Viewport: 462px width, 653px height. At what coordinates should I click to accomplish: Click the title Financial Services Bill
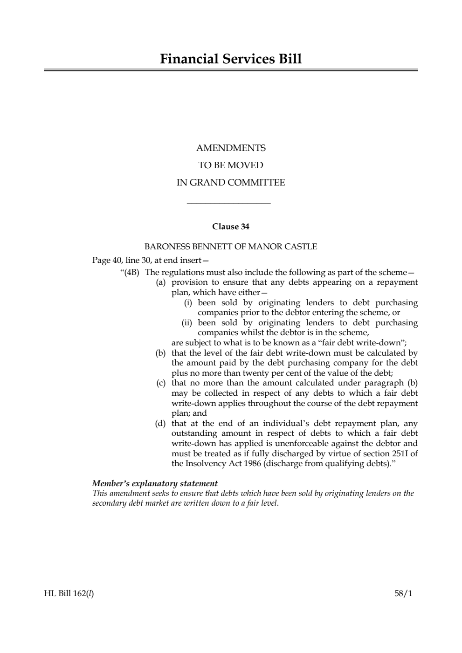pyautogui.click(x=231, y=59)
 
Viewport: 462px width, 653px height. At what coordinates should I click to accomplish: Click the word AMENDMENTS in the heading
pyautogui.click(x=231, y=148)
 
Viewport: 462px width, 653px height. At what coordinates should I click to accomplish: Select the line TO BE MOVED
pyautogui.click(x=231, y=165)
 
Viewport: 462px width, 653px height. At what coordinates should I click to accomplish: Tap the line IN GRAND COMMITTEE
pyautogui.click(x=231, y=183)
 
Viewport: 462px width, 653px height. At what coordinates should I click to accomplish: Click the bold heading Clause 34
pyautogui.click(x=231, y=227)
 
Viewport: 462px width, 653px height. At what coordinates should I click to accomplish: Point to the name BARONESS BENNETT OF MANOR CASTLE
pyautogui.click(x=231, y=247)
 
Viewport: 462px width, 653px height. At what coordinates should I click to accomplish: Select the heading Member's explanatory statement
pyautogui.click(x=155, y=483)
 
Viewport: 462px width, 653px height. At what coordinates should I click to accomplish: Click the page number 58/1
pyautogui.click(x=403, y=594)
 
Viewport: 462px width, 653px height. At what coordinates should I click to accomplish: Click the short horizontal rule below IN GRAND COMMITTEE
pyautogui.click(x=228, y=203)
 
